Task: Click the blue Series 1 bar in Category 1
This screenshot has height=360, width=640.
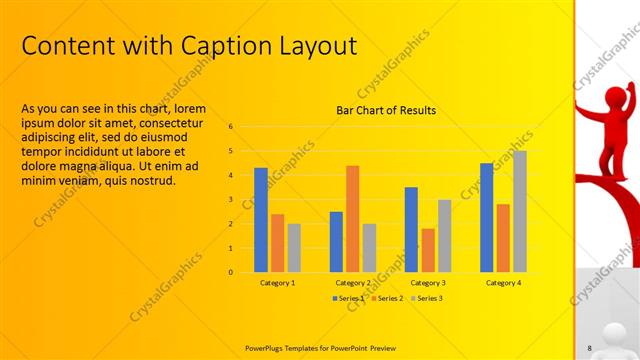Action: tap(260, 220)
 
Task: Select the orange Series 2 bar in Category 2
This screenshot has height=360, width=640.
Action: tap(352, 218)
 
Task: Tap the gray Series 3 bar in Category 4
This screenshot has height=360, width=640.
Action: tap(519, 211)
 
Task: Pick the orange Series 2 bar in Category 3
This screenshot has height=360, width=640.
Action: tap(428, 250)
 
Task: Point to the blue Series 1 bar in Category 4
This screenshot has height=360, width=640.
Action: tap(486, 217)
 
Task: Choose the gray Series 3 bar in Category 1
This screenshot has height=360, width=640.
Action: tap(294, 247)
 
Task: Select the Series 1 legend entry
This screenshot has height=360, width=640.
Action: tap(349, 298)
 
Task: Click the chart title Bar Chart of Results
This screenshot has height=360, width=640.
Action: tap(386, 110)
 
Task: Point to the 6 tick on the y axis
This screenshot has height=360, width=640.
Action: tap(231, 127)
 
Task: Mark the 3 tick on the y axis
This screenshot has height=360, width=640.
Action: tap(231, 199)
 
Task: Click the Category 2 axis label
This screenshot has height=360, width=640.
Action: tap(352, 283)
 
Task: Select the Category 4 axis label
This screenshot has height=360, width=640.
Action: tap(503, 283)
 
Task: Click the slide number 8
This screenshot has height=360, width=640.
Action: tap(590, 347)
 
